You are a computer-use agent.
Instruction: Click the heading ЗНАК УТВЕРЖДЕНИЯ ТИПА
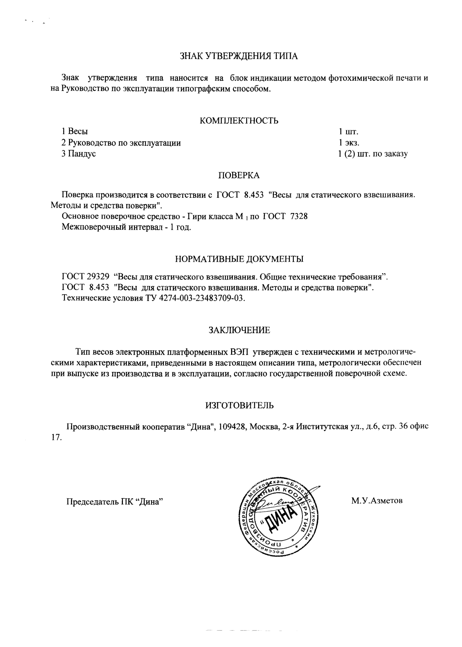tap(238, 57)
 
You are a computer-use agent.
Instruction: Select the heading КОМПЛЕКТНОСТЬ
tap(239, 121)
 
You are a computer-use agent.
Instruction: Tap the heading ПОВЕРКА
tap(238, 176)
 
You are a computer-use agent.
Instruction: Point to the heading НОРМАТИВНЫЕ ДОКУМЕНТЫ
tap(239, 259)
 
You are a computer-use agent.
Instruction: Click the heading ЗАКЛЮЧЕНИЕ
tap(239, 330)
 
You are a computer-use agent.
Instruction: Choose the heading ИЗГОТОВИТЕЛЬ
tap(239, 405)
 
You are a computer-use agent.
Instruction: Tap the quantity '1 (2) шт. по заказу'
tap(372, 154)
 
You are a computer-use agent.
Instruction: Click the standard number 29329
tap(97, 277)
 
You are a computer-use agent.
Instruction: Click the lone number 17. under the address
tap(57, 437)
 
